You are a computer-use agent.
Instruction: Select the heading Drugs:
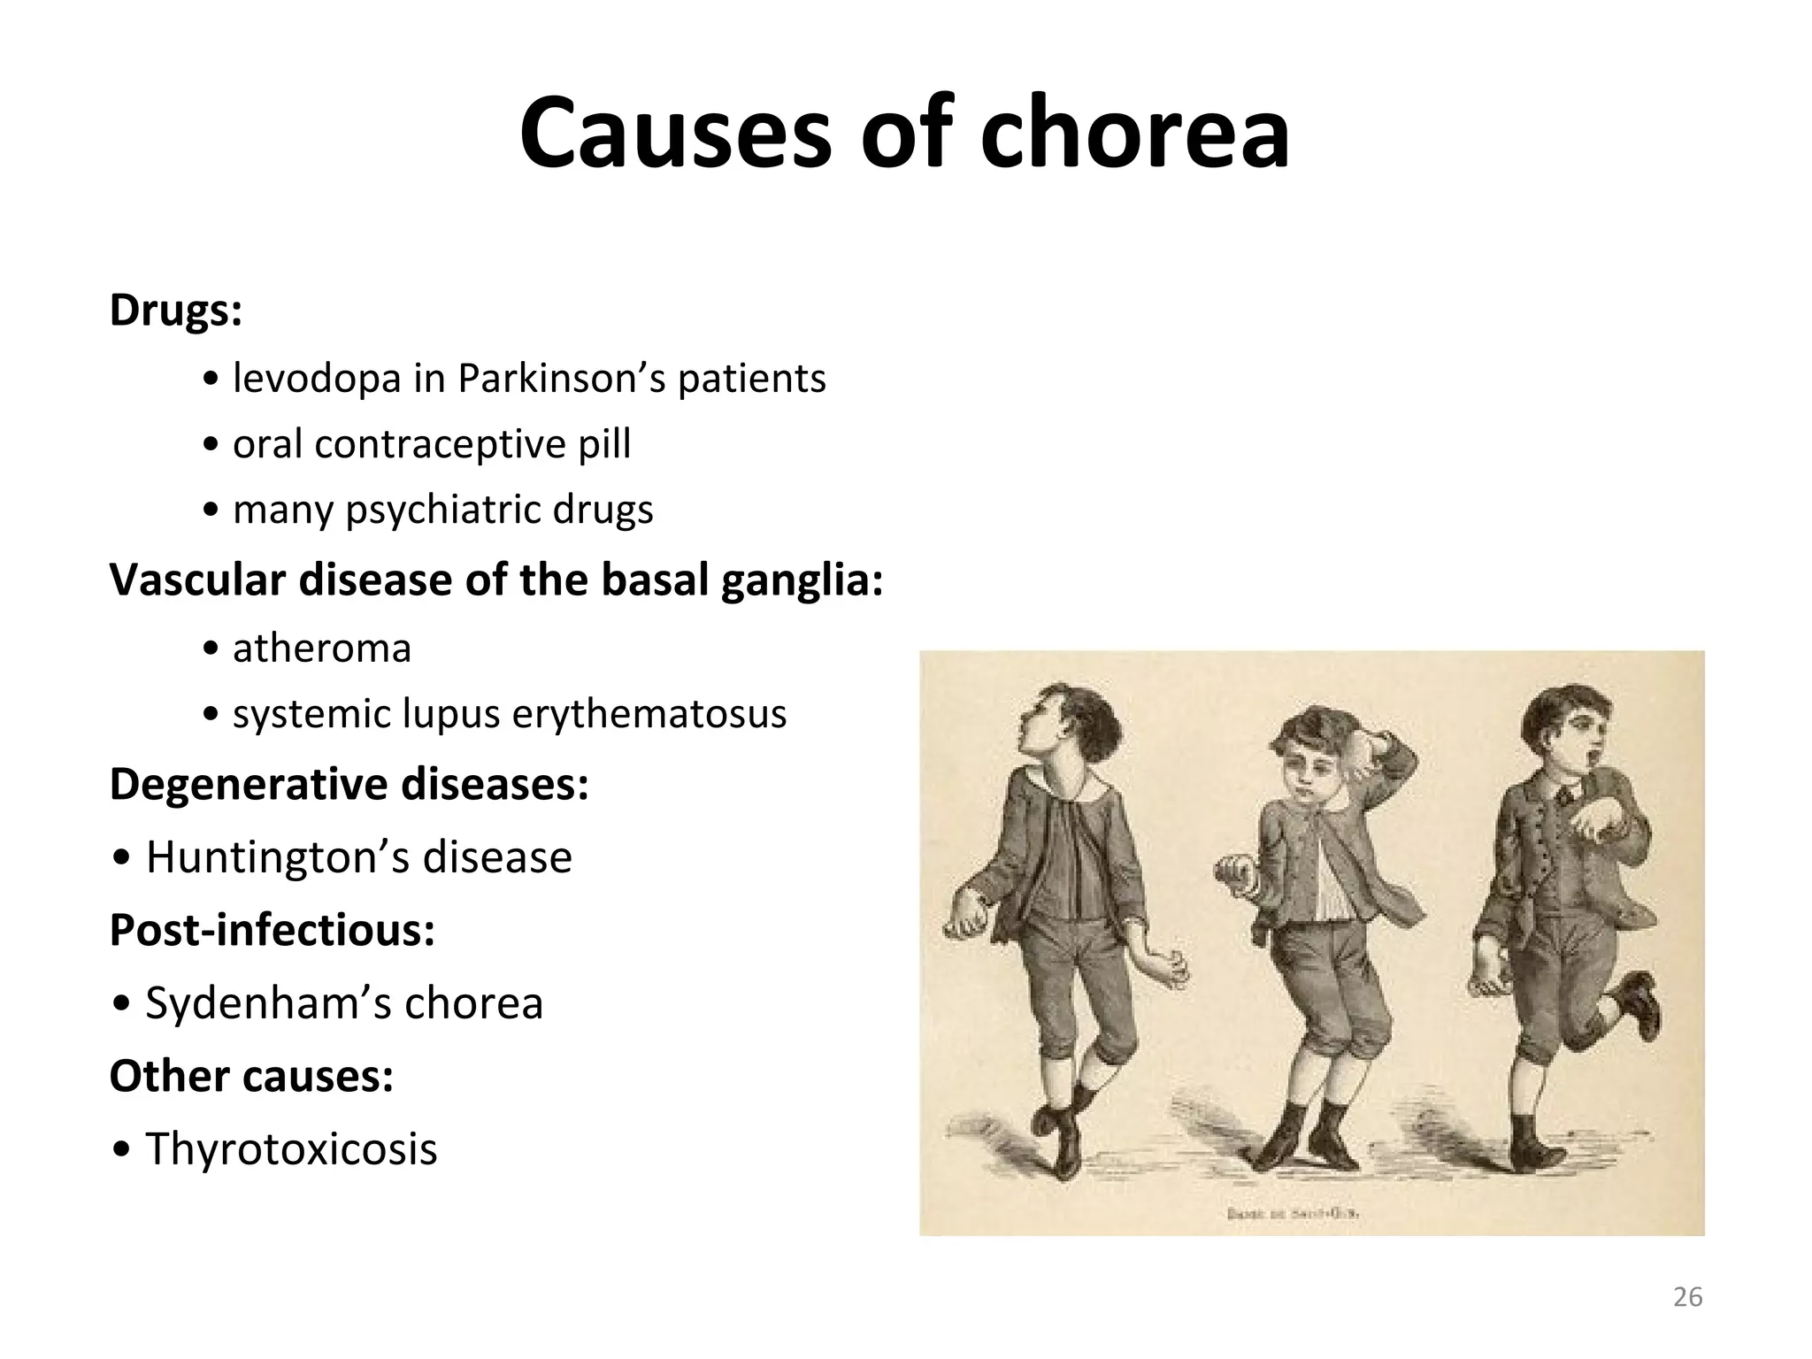[175, 310]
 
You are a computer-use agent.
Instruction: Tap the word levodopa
[317, 379]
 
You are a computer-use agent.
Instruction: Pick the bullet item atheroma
[322, 648]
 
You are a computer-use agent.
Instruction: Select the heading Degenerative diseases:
[349, 784]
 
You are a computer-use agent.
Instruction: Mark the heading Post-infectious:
[273, 929]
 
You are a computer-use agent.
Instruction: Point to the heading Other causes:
[251, 1076]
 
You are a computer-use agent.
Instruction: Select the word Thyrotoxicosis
[291, 1148]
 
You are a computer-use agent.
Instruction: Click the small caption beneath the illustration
[1293, 1214]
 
